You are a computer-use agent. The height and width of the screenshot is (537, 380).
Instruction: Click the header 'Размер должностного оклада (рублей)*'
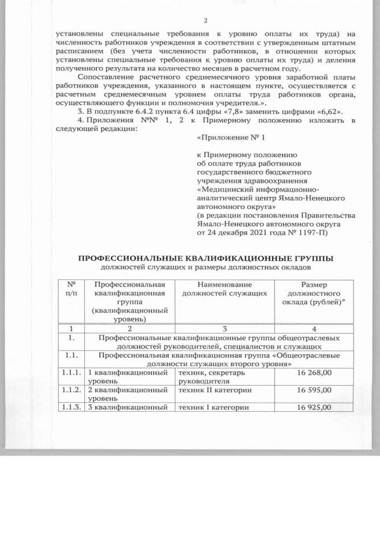click(313, 294)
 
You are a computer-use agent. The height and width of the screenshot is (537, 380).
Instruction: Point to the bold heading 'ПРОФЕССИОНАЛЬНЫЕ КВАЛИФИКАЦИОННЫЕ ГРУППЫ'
click(206, 259)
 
